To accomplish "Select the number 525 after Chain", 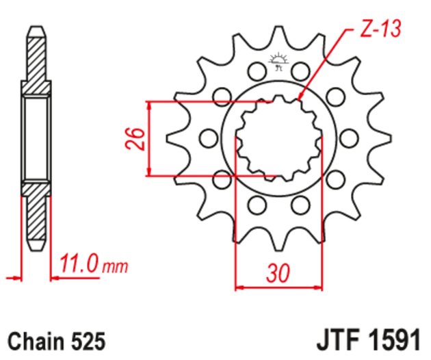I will click(87, 340).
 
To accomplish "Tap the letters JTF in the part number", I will click(335, 340).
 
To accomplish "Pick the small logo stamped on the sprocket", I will click(278, 62).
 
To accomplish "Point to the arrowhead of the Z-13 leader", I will click(301, 101).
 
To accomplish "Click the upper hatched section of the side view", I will click(34, 62).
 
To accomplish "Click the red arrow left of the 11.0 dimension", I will click(11, 278).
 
